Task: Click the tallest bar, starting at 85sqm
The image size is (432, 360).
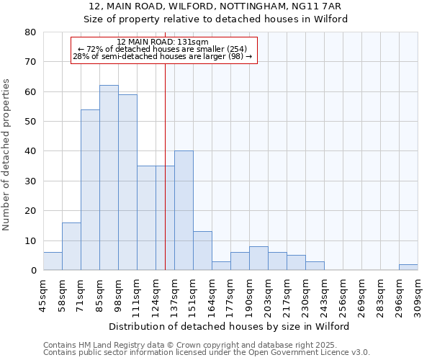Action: coord(109,178)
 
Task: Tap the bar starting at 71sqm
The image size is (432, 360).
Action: coord(90,190)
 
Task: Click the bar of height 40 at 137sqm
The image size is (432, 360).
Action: coord(184,210)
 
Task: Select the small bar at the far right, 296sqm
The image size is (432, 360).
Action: coord(408,267)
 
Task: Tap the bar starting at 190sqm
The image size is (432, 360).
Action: coord(258,258)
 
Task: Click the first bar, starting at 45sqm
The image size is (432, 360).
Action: coord(53,261)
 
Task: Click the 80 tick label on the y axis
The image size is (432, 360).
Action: coord(30,32)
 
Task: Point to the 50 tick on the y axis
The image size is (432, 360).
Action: coord(30,122)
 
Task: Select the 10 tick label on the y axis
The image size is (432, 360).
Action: coord(30,240)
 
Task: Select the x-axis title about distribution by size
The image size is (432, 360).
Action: coord(230,326)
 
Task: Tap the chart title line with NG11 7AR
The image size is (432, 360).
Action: coord(215,6)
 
